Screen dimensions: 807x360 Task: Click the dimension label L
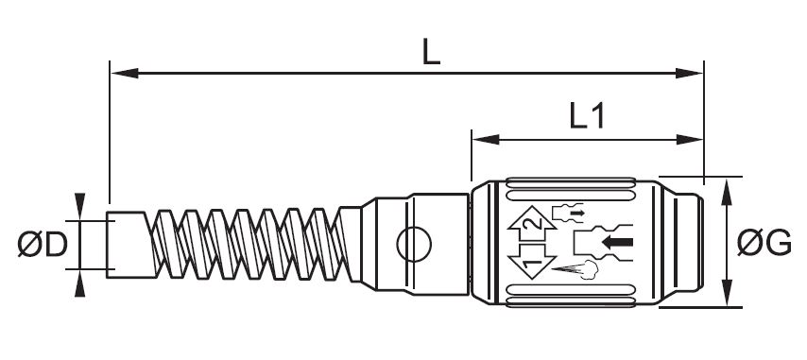click(x=431, y=52)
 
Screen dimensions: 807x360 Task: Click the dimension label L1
click(x=587, y=116)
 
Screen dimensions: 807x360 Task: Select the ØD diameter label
click(x=43, y=245)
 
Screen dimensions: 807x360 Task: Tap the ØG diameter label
click(x=764, y=243)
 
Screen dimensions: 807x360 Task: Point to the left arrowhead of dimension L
click(x=125, y=73)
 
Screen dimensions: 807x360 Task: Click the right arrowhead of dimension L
click(x=689, y=73)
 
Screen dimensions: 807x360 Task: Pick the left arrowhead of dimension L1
click(x=487, y=140)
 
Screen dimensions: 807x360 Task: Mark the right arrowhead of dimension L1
click(x=689, y=140)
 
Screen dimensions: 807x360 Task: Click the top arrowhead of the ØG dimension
click(x=727, y=192)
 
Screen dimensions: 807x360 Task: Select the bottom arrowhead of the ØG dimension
click(x=727, y=293)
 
